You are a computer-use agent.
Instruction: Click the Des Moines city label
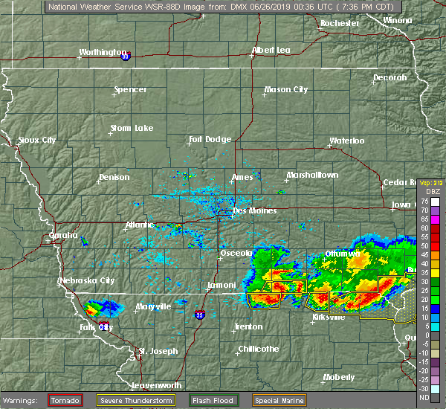(255, 210)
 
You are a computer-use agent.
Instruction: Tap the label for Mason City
(286, 90)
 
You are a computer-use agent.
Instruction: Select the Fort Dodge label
(210, 139)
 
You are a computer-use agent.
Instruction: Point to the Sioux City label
(37, 140)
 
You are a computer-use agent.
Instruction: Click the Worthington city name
(103, 53)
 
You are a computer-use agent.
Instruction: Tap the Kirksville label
(329, 317)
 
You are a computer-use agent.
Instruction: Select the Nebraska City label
(87, 280)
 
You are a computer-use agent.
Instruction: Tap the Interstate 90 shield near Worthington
(125, 55)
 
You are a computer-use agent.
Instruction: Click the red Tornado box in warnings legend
(65, 400)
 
